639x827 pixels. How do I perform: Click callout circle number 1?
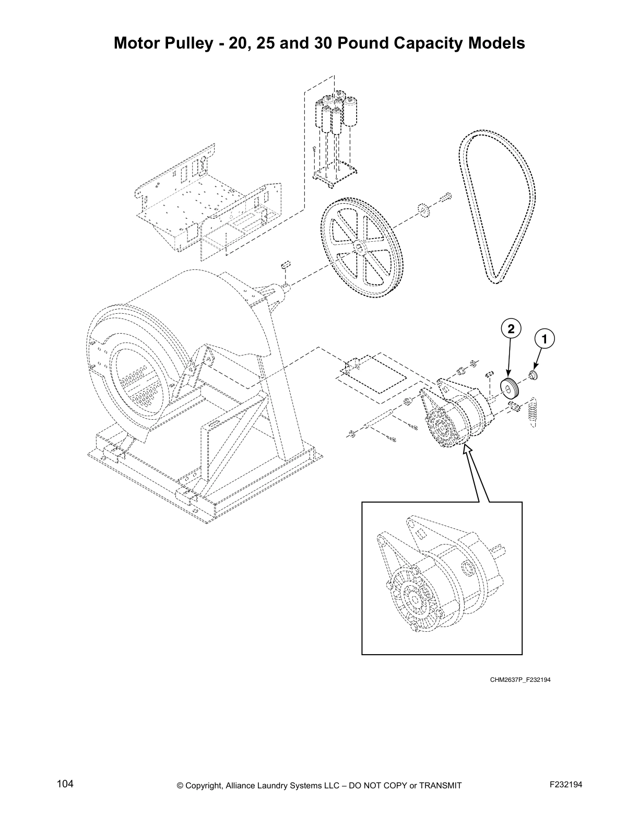click(x=545, y=339)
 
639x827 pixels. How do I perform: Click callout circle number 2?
click(x=511, y=329)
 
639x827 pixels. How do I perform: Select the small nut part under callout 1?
click(x=534, y=374)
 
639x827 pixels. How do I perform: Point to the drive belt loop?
click(x=496, y=204)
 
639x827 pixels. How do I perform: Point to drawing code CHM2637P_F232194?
click(x=520, y=680)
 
